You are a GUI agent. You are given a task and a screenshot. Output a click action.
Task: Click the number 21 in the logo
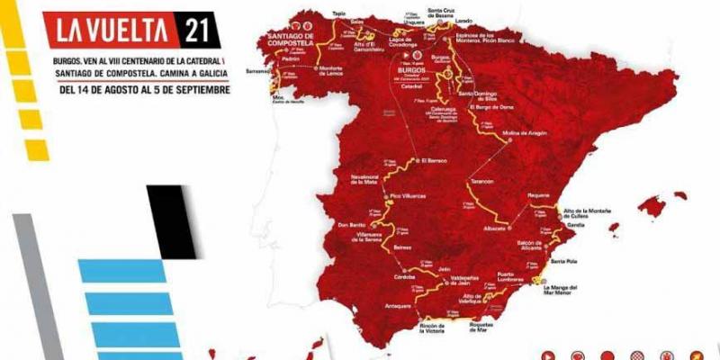click(x=199, y=29)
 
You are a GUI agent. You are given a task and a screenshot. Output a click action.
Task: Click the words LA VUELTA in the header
click(x=115, y=30)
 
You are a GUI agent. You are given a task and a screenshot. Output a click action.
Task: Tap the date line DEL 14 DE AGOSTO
click(x=144, y=89)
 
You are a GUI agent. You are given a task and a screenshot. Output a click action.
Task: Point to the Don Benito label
click(x=350, y=224)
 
